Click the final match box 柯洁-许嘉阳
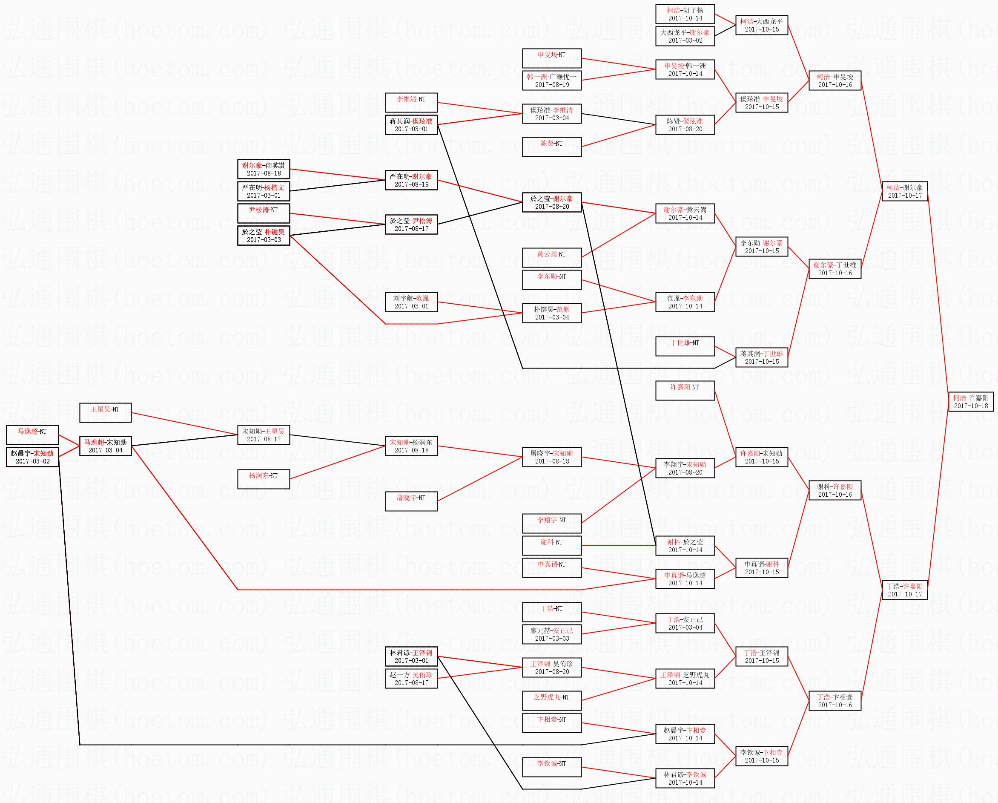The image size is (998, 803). point(971,401)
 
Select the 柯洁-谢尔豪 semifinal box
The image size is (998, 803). point(904,191)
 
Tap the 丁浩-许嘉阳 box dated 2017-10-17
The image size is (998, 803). point(904,590)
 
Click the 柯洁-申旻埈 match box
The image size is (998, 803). point(835,81)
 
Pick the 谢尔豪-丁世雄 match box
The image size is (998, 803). point(835,269)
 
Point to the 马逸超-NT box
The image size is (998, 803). point(32,435)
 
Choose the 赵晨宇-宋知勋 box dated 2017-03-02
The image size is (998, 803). point(32,457)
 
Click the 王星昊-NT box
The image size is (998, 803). point(105,413)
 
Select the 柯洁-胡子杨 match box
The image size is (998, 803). point(685,14)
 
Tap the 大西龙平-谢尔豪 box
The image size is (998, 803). point(685,36)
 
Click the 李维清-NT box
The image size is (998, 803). point(411,102)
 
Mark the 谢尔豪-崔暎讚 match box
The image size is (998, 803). point(264,169)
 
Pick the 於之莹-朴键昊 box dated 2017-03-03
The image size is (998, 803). point(264,236)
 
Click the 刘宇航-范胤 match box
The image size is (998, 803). point(411,302)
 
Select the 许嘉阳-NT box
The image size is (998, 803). point(685,390)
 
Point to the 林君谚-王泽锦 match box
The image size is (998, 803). point(411,656)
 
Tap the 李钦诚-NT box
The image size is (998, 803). point(551,767)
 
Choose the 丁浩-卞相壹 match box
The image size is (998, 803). point(835,701)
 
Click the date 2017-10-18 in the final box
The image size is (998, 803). point(971,406)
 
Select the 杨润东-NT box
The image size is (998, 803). point(264,479)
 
